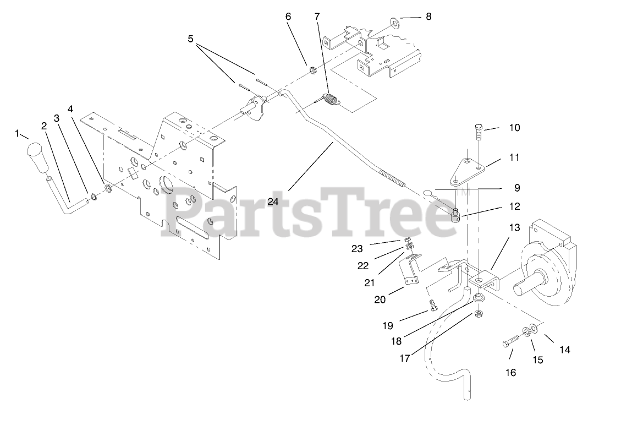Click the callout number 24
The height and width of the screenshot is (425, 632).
pos(273,201)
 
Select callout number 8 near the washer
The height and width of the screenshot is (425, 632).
pos(428,17)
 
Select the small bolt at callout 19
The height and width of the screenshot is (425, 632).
pos(432,304)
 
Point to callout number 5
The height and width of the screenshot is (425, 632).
pos(190,39)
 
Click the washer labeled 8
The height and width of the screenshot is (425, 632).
pos(394,22)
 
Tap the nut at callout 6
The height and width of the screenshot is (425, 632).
pos(312,70)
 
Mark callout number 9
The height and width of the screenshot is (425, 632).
pos(516,188)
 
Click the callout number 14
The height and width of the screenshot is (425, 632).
pos(564,350)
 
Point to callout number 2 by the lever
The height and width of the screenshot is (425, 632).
pos(44,126)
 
